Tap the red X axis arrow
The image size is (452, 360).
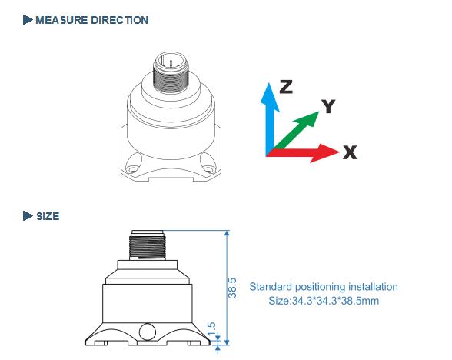pyautogui.click(x=303, y=152)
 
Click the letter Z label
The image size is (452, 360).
pyautogui.click(x=286, y=87)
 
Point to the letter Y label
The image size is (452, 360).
pyautogui.click(x=328, y=106)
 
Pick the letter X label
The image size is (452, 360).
pyautogui.click(x=351, y=152)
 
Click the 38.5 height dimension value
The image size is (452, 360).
pyautogui.click(x=232, y=288)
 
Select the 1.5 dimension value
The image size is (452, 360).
pyautogui.click(x=211, y=328)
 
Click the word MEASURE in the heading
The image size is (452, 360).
pyautogui.click(x=61, y=20)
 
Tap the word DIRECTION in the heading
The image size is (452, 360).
pyautogui.click(x=120, y=20)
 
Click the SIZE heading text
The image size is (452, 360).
pyautogui.click(x=48, y=216)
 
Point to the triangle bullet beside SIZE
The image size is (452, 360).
pyautogui.click(x=28, y=215)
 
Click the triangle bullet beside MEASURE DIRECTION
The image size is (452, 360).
pyautogui.click(x=28, y=20)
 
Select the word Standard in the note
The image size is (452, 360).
pyautogui.click(x=271, y=287)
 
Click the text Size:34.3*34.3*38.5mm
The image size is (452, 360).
pyautogui.click(x=324, y=301)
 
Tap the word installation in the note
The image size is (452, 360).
pyautogui.click(x=373, y=287)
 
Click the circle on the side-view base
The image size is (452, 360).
pyautogui.click(x=148, y=332)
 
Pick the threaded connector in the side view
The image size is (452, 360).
pyautogui.click(x=147, y=245)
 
